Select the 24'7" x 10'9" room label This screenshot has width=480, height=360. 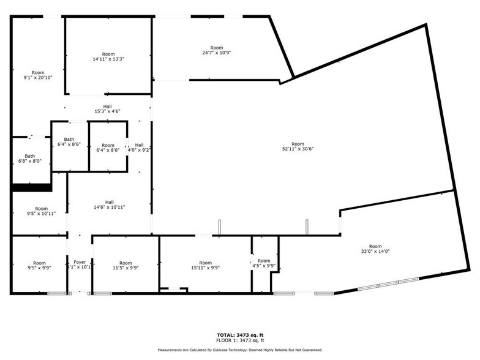216,50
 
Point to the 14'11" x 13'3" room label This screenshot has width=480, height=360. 108,56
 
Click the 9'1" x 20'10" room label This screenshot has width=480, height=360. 38,75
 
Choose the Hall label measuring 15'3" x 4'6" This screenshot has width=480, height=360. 107,109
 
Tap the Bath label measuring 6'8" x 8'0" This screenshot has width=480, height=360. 29,159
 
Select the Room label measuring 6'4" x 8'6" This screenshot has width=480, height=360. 108,148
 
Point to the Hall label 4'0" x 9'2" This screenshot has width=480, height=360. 139,147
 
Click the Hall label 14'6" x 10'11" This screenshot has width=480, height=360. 109,204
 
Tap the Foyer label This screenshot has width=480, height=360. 80,264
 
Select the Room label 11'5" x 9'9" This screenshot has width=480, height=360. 126,265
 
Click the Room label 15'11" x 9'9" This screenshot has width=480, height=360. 205,265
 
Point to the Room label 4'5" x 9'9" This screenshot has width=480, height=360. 264,263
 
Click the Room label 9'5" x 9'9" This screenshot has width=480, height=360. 39,265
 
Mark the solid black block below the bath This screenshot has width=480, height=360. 32,188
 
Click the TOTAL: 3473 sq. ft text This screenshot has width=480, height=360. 239,335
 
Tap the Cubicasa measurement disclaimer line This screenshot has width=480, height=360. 239,350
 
